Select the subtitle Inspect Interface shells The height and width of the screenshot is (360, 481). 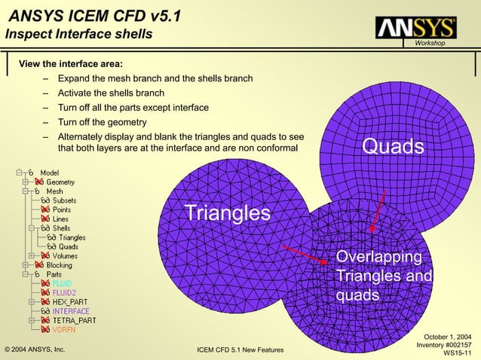click(79, 35)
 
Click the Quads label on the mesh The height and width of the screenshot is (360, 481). click(393, 145)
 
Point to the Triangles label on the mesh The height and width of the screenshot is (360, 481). click(227, 213)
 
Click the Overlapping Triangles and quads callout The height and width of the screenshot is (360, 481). click(383, 276)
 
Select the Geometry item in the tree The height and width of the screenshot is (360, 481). click(60, 182)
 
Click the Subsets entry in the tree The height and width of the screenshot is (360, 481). click(63, 200)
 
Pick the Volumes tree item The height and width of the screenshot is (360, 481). click(64, 255)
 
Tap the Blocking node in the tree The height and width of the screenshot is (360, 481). click(60, 265)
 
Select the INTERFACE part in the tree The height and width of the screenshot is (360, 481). click(70, 311)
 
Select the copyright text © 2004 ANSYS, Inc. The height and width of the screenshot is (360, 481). click(35, 350)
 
